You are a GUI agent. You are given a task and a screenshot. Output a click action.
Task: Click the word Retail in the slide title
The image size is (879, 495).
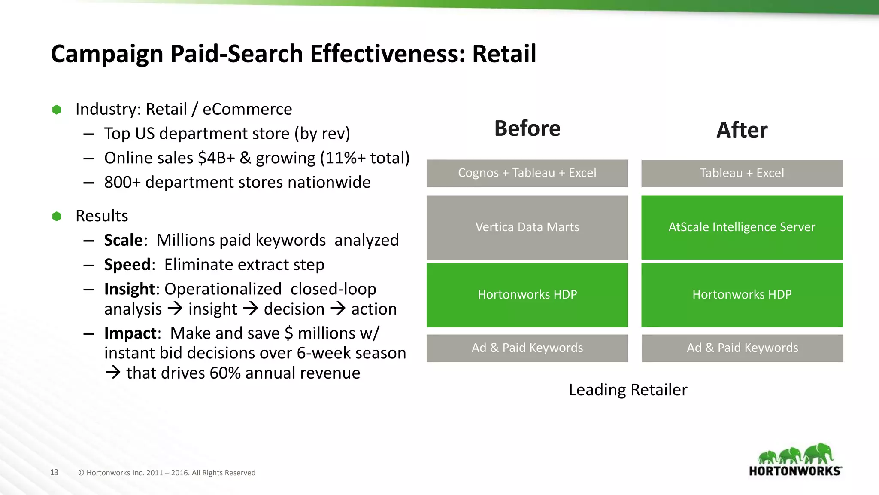[504, 54]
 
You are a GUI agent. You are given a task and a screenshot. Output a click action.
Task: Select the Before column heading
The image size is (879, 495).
[527, 128]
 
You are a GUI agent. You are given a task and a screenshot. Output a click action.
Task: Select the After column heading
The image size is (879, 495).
[742, 130]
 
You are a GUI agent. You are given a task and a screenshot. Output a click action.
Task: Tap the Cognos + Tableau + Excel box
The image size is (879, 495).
[527, 173]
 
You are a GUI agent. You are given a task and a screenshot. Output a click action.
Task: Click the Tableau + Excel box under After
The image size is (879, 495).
[742, 173]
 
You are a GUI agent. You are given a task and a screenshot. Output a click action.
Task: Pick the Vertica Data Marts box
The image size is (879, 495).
[527, 227]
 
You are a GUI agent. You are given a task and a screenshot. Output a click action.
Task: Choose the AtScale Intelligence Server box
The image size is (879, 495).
[742, 227]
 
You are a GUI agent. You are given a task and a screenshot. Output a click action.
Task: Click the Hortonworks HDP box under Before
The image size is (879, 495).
[527, 295]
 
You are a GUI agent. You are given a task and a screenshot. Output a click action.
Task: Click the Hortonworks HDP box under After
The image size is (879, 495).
[742, 295]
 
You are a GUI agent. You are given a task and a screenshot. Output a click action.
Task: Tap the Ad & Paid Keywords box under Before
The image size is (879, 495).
[527, 348]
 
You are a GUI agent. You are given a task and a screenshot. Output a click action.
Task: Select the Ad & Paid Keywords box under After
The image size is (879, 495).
[742, 348]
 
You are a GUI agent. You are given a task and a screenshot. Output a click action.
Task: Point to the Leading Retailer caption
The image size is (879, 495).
[627, 390]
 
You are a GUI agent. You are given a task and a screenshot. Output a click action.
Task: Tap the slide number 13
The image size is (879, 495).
[54, 472]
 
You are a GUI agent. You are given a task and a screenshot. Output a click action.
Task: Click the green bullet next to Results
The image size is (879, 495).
[57, 216]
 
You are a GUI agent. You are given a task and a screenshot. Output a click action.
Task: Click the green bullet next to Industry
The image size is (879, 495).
[57, 110]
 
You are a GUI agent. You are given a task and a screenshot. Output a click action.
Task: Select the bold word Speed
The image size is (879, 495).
[127, 265]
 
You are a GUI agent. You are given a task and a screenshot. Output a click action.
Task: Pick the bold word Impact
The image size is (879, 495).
[130, 333]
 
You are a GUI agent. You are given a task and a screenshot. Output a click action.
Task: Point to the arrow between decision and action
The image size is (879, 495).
[338, 309]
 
